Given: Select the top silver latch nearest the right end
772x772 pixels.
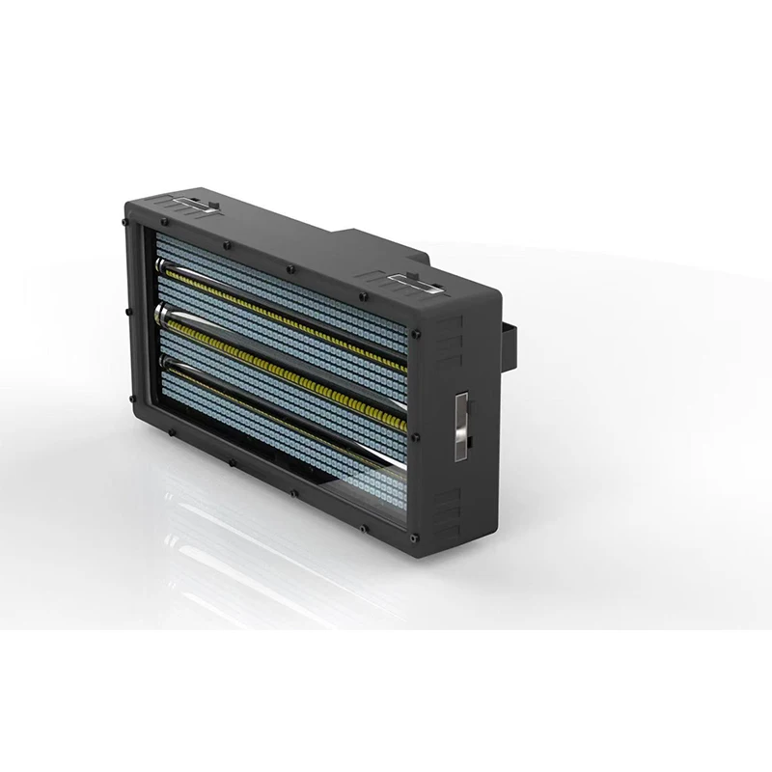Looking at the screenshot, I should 413,281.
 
